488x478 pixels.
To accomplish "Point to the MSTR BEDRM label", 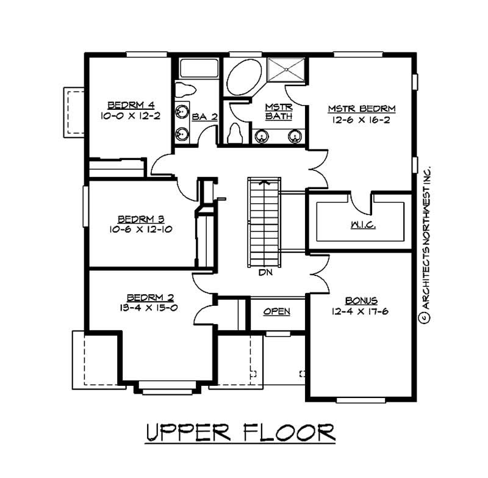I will click(362, 109).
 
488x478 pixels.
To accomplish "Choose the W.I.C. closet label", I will click(362, 225).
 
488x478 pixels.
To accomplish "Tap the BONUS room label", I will click(362, 300).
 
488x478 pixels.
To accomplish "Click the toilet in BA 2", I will click(185, 90).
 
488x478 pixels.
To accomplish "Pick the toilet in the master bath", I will click(235, 133).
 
